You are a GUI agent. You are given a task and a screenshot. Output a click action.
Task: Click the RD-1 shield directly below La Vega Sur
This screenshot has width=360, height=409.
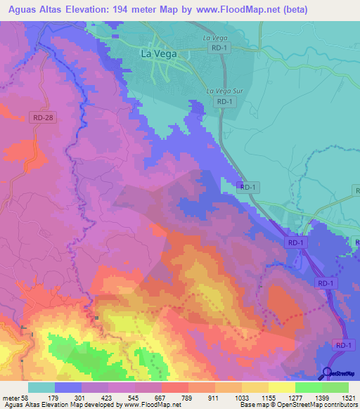pyautogui.click(x=223, y=102)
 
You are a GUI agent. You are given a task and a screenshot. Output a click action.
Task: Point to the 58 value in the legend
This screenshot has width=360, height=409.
pyautogui.click(x=26, y=398)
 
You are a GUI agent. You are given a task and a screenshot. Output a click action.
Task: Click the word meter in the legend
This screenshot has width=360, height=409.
pyautogui.click(x=11, y=398)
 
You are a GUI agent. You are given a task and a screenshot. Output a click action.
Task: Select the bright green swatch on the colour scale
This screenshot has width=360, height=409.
pyautogui.click(x=308, y=387)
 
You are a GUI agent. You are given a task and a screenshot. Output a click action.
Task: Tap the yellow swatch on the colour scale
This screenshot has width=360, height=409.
pyautogui.click(x=281, y=387)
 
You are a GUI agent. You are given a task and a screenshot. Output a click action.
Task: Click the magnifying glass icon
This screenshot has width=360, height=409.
pyautogui.click(x=328, y=373)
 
